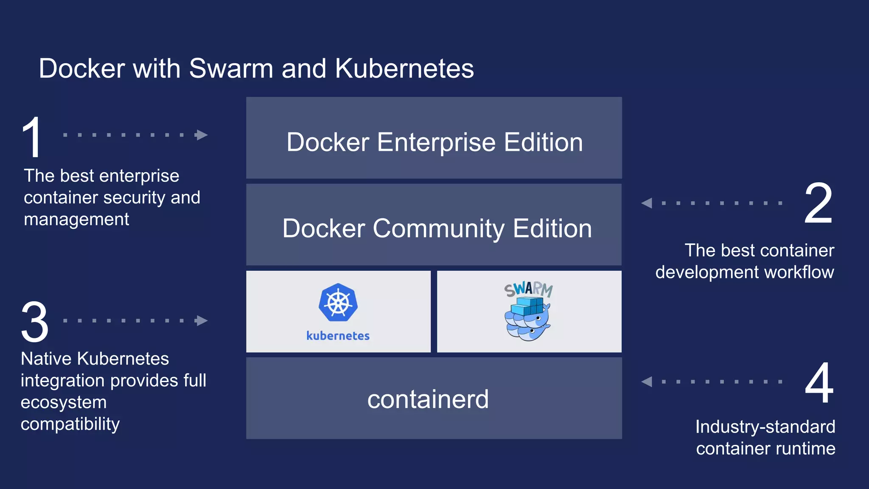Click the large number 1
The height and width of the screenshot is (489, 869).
pyautogui.click(x=32, y=138)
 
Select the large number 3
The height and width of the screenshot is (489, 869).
pyautogui.click(x=35, y=321)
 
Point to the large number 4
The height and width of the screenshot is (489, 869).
pyautogui.click(x=819, y=383)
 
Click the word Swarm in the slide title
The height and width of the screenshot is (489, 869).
pyautogui.click(x=231, y=69)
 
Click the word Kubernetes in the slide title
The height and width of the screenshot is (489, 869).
pyautogui.click(x=404, y=69)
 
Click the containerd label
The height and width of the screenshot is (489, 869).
pyautogui.click(x=428, y=399)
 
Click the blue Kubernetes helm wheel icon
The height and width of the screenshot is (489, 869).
pyautogui.click(x=338, y=303)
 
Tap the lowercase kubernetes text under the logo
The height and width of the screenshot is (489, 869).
pyautogui.click(x=338, y=336)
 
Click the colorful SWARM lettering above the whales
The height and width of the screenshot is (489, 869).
pyautogui.click(x=529, y=289)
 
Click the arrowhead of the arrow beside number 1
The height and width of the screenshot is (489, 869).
pyautogui.click(x=202, y=135)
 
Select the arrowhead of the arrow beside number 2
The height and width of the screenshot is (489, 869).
pyautogui.click(x=647, y=203)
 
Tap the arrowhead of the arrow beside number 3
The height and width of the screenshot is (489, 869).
pyautogui.click(x=202, y=320)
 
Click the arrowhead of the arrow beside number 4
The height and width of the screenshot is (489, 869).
pyautogui.click(x=647, y=382)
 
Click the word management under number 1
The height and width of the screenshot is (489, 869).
pyautogui.click(x=76, y=219)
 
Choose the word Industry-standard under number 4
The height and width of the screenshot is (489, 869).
pyautogui.click(x=765, y=427)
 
